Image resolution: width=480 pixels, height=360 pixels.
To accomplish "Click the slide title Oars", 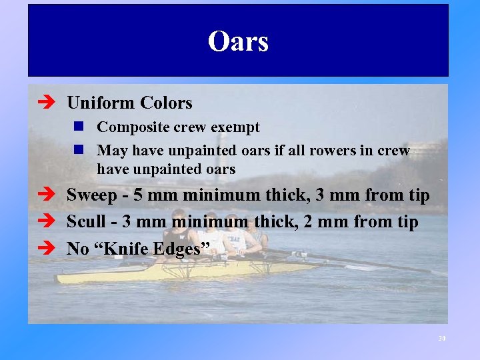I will pyautogui.click(x=238, y=41).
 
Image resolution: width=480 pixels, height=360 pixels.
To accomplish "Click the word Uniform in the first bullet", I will pyautogui.click(x=101, y=103).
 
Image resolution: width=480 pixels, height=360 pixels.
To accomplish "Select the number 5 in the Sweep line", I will pyautogui.click(x=138, y=196).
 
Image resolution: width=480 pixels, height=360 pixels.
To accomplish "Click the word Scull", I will pyautogui.click(x=87, y=223).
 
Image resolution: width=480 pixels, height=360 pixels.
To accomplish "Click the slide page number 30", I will pyautogui.click(x=441, y=339).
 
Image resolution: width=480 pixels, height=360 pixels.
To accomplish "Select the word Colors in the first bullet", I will pyautogui.click(x=167, y=103).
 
